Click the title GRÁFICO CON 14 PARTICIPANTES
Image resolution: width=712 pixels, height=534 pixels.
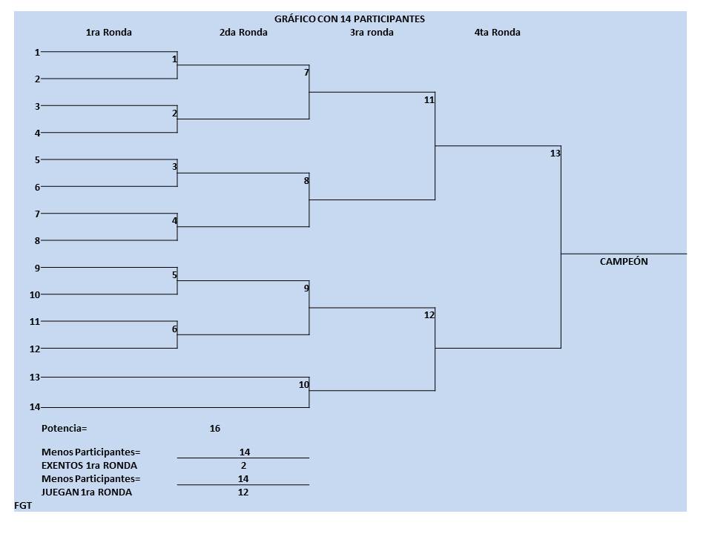pos(349,19)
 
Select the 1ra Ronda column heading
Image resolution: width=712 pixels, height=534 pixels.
pos(109,33)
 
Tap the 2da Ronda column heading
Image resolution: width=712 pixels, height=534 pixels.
pos(243,33)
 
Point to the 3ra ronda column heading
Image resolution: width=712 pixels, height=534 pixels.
pos(372,33)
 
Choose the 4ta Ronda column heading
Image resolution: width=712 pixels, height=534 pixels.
pos(497,33)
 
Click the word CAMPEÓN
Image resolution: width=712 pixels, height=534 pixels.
pos(624,262)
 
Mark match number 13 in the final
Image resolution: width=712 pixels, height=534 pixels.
pos(556,154)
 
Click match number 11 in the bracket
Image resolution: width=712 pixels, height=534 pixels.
pos(429,100)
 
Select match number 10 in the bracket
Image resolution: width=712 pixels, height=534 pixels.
pos(304,384)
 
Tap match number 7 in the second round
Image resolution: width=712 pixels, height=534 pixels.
pos(306,73)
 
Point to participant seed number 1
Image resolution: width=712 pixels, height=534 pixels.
pos(37,52)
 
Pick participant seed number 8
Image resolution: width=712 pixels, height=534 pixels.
pos(37,240)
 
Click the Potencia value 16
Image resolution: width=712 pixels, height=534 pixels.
pos(215,429)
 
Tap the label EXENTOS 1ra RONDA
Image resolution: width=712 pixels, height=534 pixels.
pos(89,466)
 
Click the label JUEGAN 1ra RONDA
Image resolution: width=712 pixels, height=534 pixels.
pos(87,492)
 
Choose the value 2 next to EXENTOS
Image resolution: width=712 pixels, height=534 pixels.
pos(243,466)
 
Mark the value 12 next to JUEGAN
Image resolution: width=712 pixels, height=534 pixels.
pos(243,492)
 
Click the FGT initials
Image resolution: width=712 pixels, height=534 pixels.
pos(23,506)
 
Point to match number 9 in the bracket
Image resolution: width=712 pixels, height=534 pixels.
pos(306,289)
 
